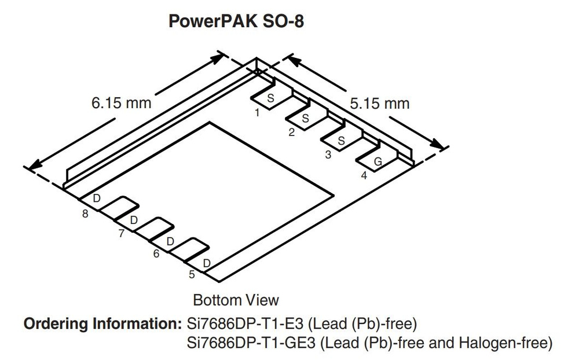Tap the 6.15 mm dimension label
click(x=121, y=103)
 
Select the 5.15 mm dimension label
click(x=379, y=104)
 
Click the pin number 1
click(x=257, y=113)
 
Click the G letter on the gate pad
click(x=378, y=163)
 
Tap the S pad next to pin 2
click(x=305, y=119)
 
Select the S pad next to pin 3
click(x=341, y=141)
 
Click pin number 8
click(x=85, y=214)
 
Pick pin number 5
click(x=192, y=274)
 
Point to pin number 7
click(x=121, y=234)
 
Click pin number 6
click(x=156, y=254)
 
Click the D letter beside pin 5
click(x=206, y=263)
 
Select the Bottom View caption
click(x=236, y=300)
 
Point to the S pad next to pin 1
click(x=270, y=98)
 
